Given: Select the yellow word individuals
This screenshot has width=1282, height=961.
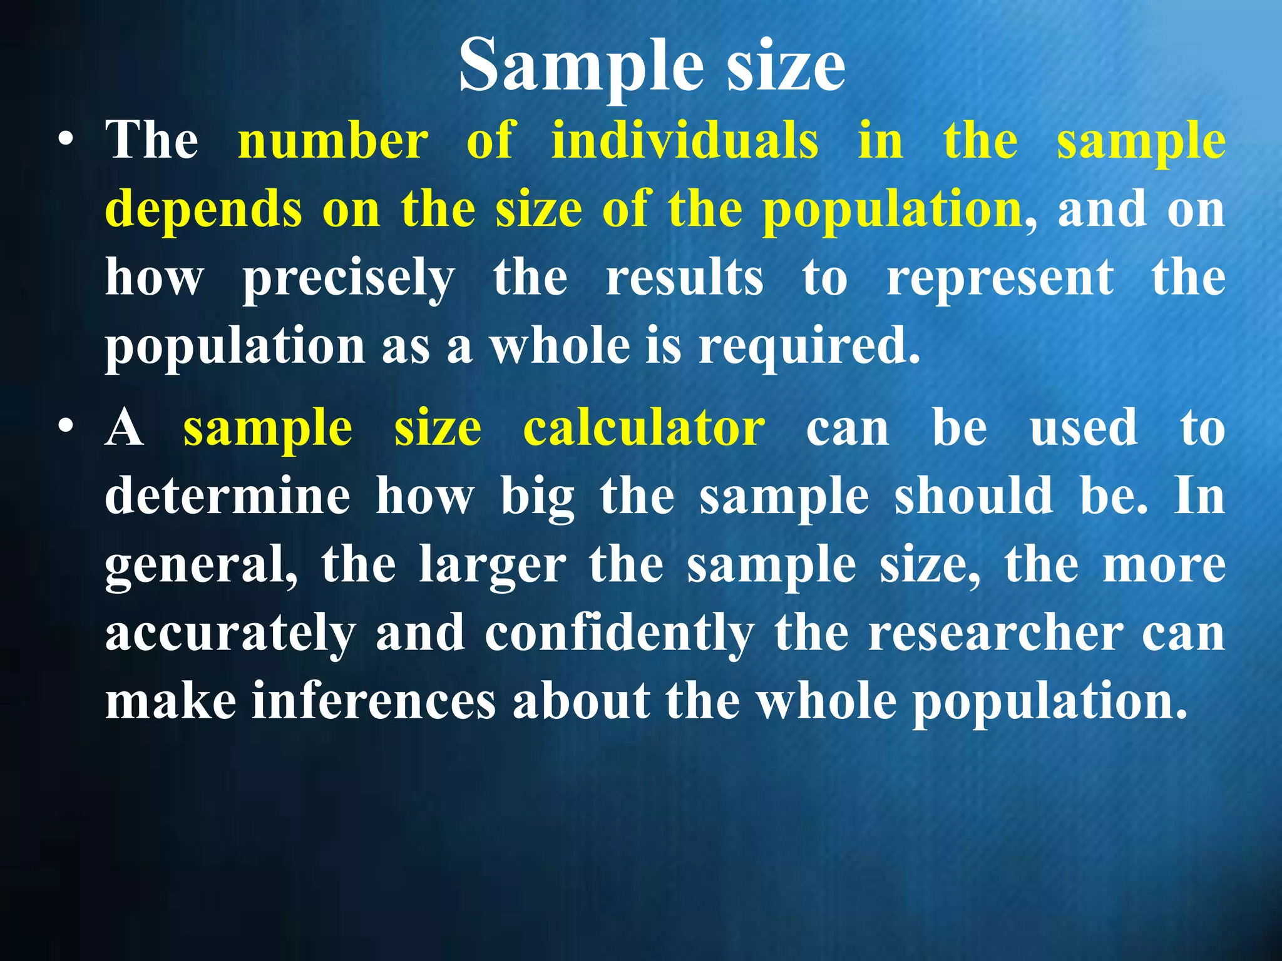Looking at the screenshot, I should (x=685, y=140).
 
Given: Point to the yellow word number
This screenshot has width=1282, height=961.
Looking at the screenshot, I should (x=333, y=140).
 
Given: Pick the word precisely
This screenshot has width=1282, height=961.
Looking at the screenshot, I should (x=349, y=279).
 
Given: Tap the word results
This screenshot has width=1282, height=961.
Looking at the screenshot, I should (x=685, y=278).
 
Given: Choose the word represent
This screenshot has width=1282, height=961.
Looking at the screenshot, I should (x=1000, y=279).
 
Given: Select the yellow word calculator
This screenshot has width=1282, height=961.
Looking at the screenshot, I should (x=644, y=429).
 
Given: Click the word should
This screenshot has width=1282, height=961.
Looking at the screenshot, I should (x=974, y=497).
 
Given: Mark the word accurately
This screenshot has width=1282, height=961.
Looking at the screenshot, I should (x=230, y=634).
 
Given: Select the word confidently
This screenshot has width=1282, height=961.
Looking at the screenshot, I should (x=620, y=634).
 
